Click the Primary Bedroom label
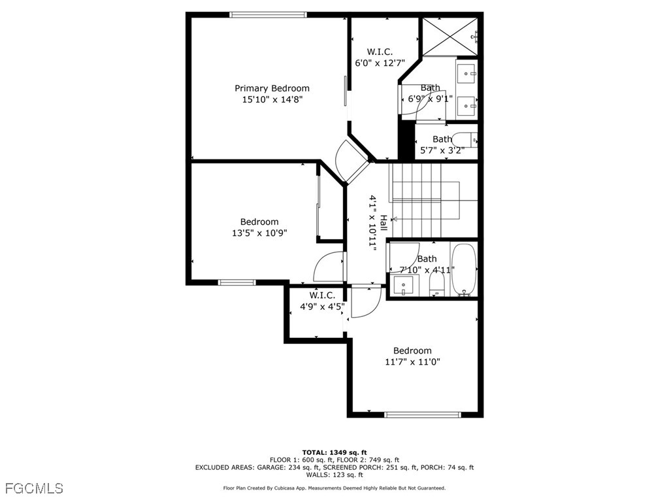[x=272, y=88]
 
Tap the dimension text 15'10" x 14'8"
[x=272, y=99]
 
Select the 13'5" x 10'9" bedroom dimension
[x=259, y=233]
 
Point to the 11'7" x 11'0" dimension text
[x=412, y=361]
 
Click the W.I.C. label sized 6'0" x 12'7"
[x=380, y=52]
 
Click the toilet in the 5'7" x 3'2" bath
[x=465, y=140]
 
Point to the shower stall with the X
[x=449, y=36]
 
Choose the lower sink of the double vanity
[x=467, y=104]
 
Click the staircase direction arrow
[x=395, y=219]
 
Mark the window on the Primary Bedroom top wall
[x=268, y=14]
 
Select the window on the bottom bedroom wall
[x=422, y=414]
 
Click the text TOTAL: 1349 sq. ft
[x=334, y=452]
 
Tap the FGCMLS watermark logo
[x=34, y=488]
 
